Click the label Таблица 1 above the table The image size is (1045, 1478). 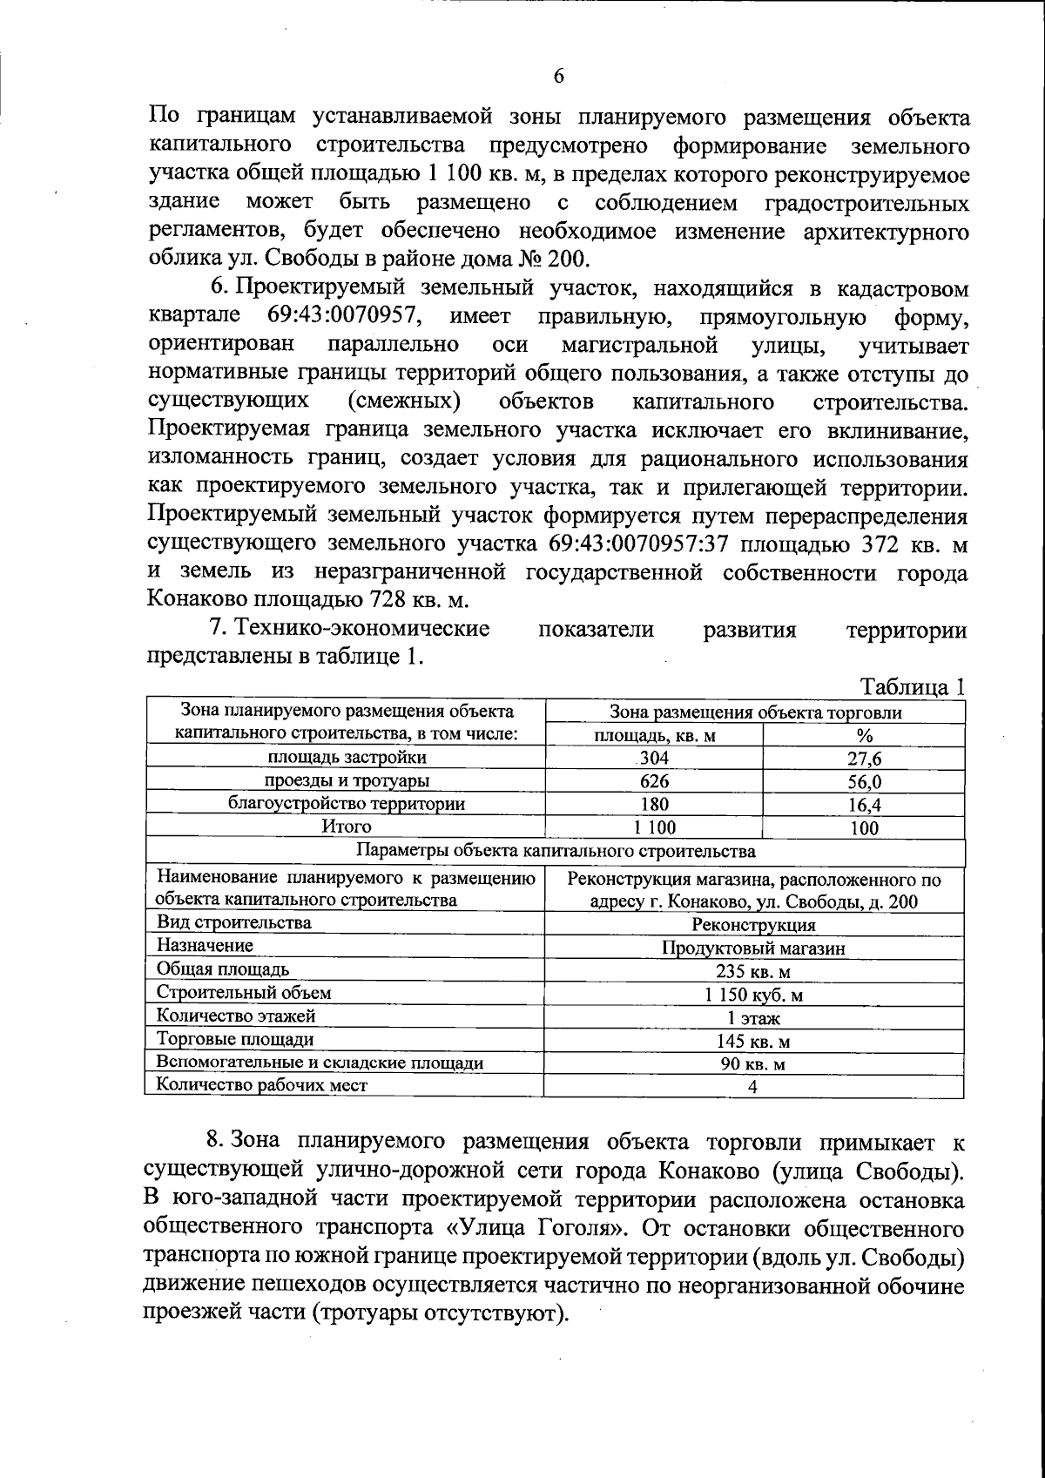913,686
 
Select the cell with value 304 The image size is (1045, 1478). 654,758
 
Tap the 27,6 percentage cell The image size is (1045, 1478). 864,759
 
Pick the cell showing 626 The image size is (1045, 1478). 654,781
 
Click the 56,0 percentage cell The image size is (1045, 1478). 864,782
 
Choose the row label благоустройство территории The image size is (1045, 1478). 346,803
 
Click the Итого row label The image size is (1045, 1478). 346,827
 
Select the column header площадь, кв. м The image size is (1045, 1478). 654,735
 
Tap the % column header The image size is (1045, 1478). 864,735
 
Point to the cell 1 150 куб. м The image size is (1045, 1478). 753,995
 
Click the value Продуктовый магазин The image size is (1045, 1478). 753,948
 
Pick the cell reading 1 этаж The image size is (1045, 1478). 753,1017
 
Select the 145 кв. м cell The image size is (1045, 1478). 753,1041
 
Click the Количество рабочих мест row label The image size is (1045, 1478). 261,1085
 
